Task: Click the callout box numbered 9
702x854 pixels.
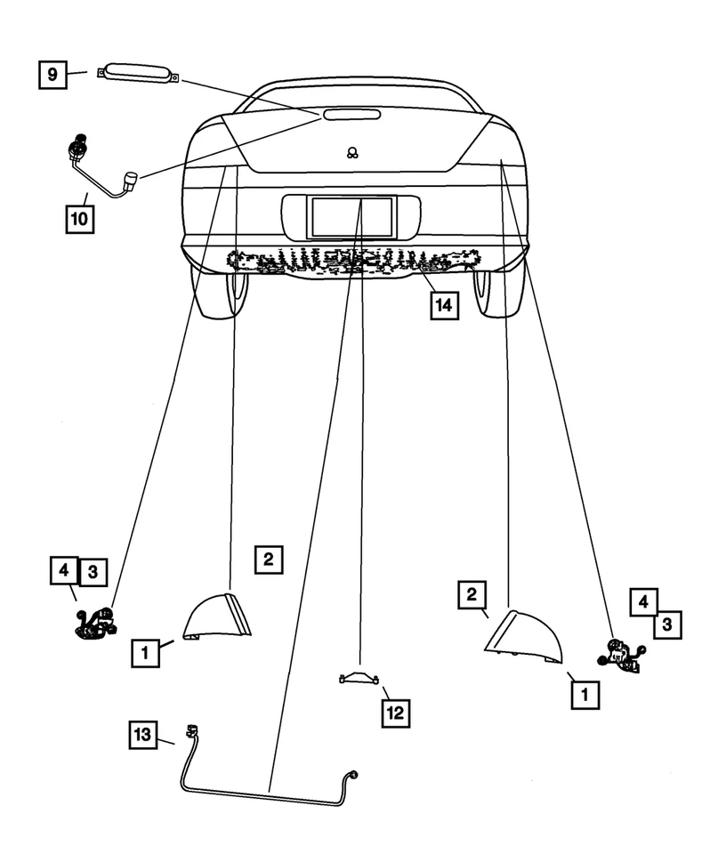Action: [x=52, y=74]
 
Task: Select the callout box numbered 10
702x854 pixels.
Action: [x=79, y=218]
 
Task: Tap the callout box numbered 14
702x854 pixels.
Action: [x=443, y=305]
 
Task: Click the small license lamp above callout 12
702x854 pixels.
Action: [x=361, y=680]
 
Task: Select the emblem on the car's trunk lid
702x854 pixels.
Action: [x=352, y=152]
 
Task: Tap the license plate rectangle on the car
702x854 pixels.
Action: [x=351, y=216]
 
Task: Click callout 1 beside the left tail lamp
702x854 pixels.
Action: [x=146, y=654]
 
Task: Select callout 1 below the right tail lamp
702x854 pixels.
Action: [x=585, y=694]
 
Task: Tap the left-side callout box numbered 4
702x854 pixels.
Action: [x=64, y=570]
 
